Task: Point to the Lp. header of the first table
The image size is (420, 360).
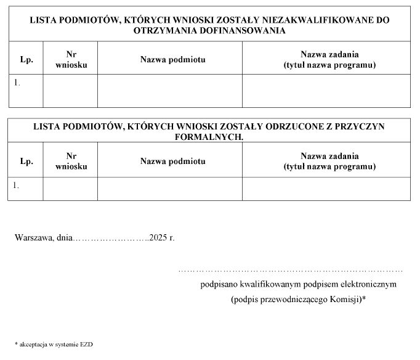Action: tap(26, 59)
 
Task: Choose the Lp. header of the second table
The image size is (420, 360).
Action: tap(26, 161)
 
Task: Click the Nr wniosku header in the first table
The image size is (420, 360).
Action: tap(71, 59)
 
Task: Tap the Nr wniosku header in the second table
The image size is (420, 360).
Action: tap(71, 161)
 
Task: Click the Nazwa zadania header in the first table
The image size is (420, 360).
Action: tap(329, 59)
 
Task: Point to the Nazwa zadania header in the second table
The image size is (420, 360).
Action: tap(329, 161)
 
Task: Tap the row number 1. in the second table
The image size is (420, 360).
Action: tap(17, 184)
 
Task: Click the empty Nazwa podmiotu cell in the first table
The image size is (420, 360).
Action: tap(170, 91)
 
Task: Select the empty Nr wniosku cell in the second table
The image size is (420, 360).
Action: tap(70, 189)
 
